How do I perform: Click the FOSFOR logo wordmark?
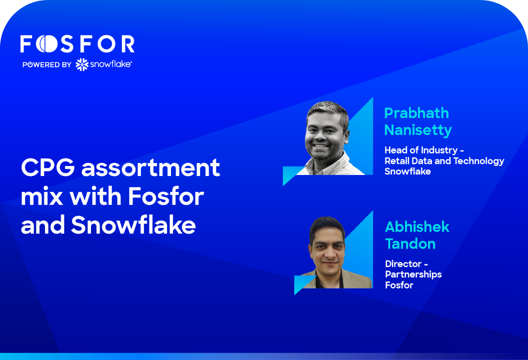(77, 44)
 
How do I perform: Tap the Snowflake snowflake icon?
(82, 64)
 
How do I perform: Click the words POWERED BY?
(47, 64)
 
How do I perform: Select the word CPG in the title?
(48, 167)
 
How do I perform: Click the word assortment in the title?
(151, 167)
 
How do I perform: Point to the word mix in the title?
(42, 196)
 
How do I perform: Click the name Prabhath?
(416, 113)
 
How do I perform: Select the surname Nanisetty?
(418, 130)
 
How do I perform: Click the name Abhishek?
(417, 227)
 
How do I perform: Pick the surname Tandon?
(410, 243)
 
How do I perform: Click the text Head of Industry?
(421, 150)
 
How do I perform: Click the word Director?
(403, 263)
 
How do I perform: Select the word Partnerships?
(413, 274)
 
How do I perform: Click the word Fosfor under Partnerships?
(399, 285)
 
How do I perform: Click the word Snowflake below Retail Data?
(407, 171)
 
